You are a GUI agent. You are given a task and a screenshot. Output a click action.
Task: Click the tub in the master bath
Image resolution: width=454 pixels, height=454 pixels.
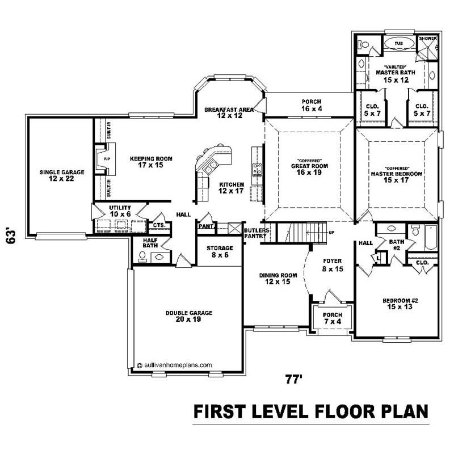tap(398, 43)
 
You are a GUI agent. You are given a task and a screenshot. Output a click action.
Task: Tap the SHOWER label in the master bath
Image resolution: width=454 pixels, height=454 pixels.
tap(427, 39)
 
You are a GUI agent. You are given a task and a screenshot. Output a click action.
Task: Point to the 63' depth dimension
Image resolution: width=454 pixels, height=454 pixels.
tap(11, 236)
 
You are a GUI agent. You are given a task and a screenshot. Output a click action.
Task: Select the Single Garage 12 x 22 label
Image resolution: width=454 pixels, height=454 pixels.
tap(62, 175)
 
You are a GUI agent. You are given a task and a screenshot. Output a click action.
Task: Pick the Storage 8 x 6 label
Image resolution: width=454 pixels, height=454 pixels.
tap(220, 251)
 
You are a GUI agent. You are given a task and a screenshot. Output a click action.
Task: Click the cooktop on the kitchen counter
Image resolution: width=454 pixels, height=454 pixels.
tap(257, 168)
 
